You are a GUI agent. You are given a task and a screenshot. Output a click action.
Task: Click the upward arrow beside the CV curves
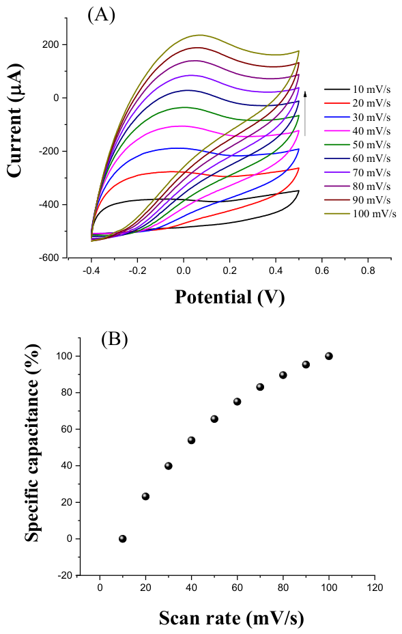click(x=306, y=113)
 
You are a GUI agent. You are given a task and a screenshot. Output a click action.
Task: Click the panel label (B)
click(x=115, y=339)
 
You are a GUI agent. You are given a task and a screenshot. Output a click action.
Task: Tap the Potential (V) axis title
click(x=229, y=297)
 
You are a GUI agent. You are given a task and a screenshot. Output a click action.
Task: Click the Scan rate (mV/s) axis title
click(x=231, y=618)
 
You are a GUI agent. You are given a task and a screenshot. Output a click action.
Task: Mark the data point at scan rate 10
click(x=123, y=538)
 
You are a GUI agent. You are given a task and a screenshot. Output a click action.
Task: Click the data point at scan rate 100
click(x=329, y=356)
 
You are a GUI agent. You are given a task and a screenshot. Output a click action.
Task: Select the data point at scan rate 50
click(x=214, y=419)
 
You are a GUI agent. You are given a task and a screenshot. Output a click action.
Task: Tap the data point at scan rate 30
click(x=169, y=466)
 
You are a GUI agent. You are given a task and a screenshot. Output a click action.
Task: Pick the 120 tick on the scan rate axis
click(x=375, y=588)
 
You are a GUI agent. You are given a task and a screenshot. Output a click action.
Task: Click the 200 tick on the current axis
click(x=51, y=44)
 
